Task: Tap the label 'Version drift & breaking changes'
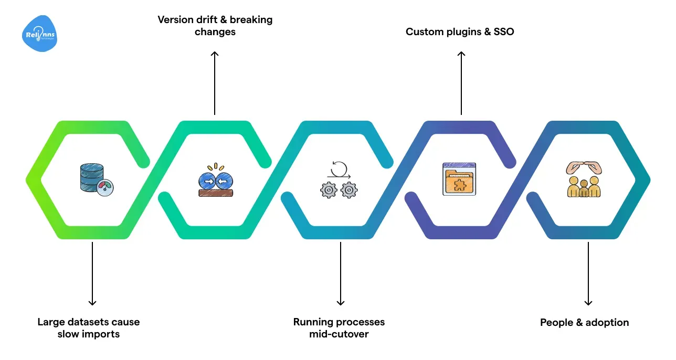point(215,26)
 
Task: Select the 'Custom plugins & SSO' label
point(460,32)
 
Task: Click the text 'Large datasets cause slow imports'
point(89,328)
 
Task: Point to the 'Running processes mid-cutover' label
point(339,328)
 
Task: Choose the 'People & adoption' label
point(584,322)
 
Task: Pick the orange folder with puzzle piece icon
point(459,179)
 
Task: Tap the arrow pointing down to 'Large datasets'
point(92,273)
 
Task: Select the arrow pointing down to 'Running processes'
point(341,273)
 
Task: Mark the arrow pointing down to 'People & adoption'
point(588,273)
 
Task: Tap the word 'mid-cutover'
point(339,334)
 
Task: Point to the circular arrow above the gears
point(339,169)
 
